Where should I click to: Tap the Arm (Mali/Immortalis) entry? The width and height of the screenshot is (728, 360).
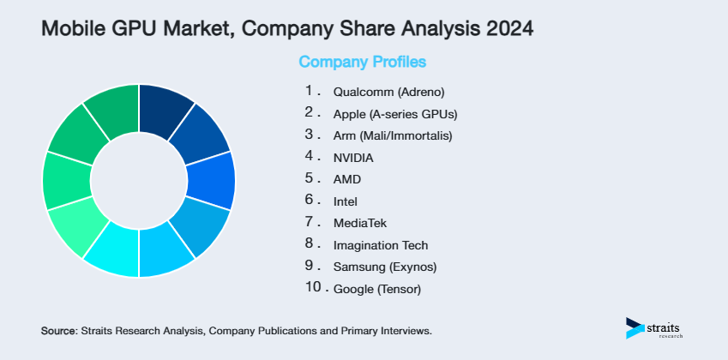392,135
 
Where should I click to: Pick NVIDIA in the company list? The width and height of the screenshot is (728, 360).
353,158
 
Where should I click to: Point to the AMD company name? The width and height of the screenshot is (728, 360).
346,180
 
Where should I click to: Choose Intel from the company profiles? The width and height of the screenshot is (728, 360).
345,201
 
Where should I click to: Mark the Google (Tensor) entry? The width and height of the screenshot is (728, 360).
376,290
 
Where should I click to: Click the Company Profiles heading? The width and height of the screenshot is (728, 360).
362,62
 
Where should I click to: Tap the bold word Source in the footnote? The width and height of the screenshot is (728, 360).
57,330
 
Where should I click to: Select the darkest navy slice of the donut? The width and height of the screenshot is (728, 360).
165,111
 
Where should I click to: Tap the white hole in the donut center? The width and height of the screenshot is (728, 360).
138,181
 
